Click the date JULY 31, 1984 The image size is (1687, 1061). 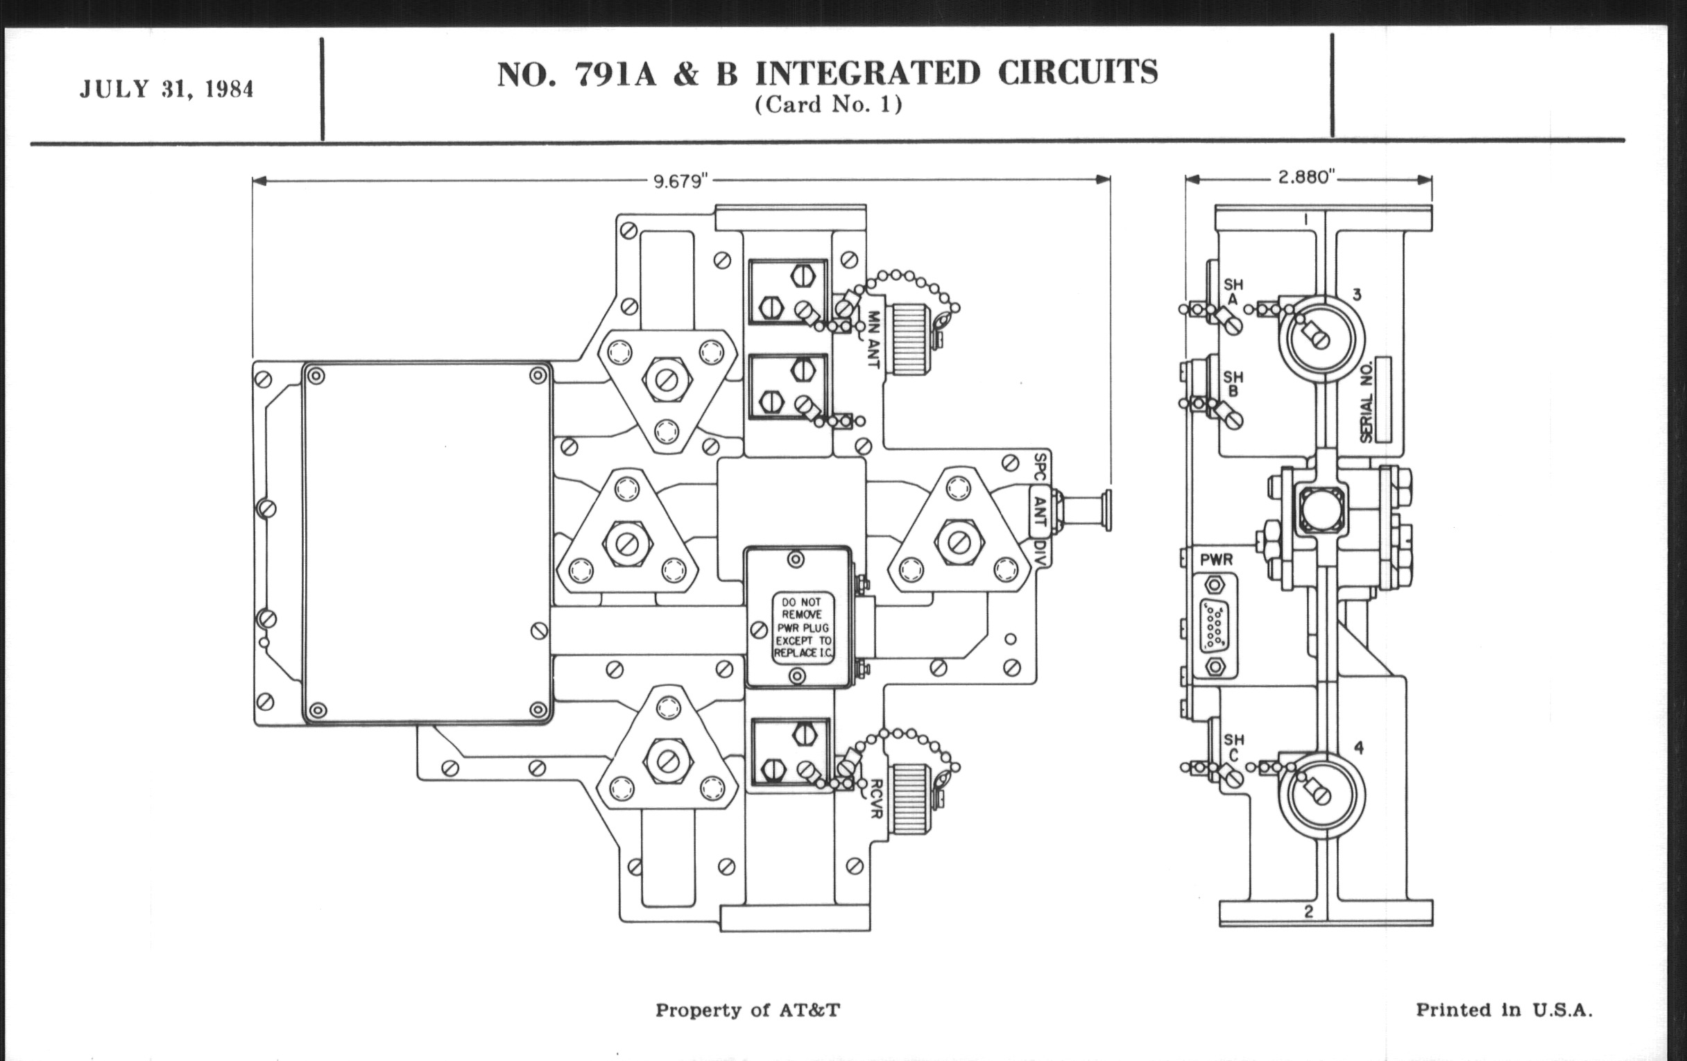click(x=166, y=89)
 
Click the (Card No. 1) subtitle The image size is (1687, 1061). click(x=828, y=105)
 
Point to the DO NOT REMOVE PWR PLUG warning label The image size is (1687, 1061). click(x=803, y=628)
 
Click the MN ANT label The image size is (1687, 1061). click(x=872, y=340)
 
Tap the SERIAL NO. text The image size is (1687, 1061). click(x=1367, y=406)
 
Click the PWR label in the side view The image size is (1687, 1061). click(x=1216, y=560)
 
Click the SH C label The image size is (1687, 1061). click(x=1234, y=748)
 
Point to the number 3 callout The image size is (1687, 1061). click(x=1356, y=295)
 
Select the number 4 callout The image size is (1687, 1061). click(x=1358, y=748)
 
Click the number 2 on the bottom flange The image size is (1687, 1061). click(x=1308, y=912)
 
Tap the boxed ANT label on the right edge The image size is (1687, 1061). click(x=1041, y=512)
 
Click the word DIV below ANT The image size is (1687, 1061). click(x=1041, y=553)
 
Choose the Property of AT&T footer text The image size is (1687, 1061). click(x=748, y=1010)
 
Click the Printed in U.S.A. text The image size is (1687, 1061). click(x=1504, y=1010)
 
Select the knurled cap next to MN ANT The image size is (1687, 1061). click(x=909, y=330)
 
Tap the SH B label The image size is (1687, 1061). click(x=1234, y=384)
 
